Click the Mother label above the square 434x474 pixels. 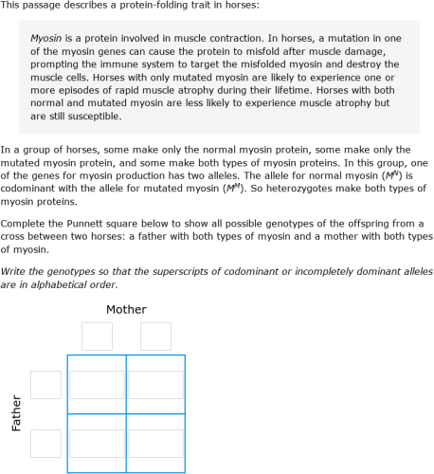click(126, 310)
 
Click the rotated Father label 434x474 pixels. click(16, 413)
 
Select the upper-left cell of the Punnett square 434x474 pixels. click(97, 384)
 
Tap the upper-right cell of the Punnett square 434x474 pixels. click(155, 384)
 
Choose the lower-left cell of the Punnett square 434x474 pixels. click(97, 443)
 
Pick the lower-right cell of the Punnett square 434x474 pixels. click(155, 443)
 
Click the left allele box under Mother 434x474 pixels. click(97, 337)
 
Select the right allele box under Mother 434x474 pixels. click(155, 337)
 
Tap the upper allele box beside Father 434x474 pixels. click(45, 384)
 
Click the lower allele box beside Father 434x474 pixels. click(45, 443)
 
